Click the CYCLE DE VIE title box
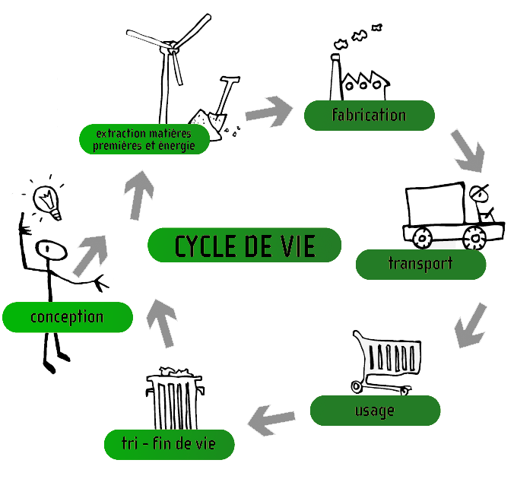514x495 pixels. (x=245, y=246)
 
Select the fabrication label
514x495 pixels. (x=369, y=116)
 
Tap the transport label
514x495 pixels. (x=420, y=264)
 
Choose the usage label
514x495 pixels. (x=375, y=411)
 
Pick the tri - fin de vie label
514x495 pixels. (x=169, y=444)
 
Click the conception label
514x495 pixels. (x=67, y=316)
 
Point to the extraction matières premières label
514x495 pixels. (x=144, y=140)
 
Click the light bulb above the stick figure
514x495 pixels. (x=49, y=199)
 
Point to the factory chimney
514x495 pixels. (x=335, y=76)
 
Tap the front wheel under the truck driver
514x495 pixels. (x=475, y=238)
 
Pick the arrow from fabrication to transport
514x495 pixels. (x=465, y=151)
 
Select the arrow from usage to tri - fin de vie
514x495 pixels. (x=273, y=416)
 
